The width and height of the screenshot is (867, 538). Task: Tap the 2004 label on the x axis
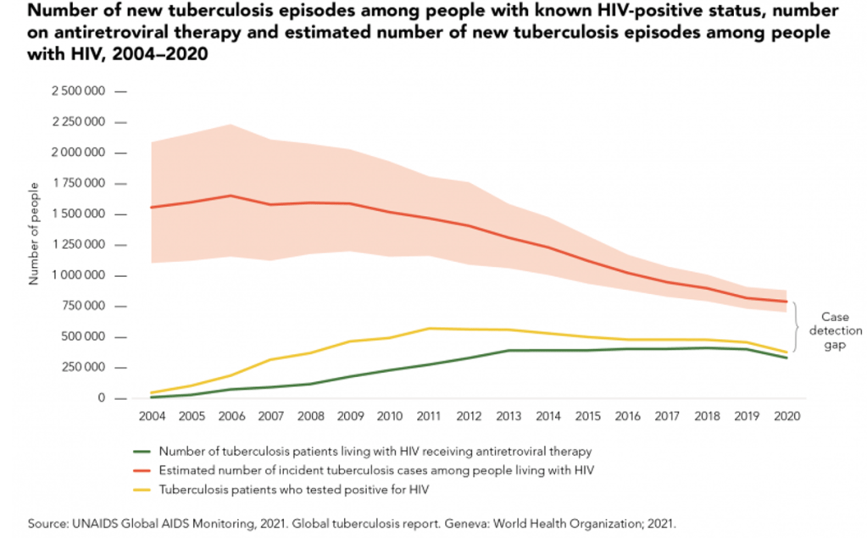pyautogui.click(x=151, y=416)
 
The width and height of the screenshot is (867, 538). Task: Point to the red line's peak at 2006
pyautogui.click(x=231, y=196)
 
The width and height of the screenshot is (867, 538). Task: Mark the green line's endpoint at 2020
pyautogui.click(x=787, y=358)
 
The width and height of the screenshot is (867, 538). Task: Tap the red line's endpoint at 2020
pyautogui.click(x=787, y=302)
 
